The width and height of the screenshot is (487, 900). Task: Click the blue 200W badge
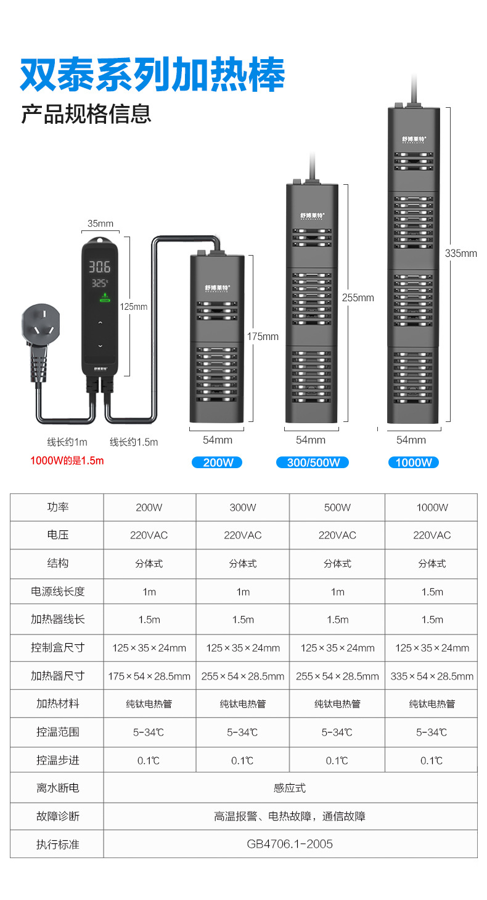pos(217,462)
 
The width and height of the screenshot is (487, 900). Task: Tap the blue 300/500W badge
pos(313,462)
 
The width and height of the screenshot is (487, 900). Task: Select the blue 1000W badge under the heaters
pos(413,462)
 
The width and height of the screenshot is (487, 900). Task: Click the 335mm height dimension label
pos(461,253)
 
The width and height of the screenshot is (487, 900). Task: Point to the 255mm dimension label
pos(358,298)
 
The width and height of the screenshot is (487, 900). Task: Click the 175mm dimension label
pos(263,336)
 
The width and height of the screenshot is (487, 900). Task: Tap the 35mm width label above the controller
pos(100,224)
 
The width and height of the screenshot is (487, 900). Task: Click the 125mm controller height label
pos(134,306)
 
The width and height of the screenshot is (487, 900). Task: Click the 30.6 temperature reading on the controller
pos(99,267)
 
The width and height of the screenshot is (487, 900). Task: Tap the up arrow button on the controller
pos(100,322)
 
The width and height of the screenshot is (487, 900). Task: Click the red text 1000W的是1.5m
pos(67,460)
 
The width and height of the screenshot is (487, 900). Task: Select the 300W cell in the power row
pos(243,508)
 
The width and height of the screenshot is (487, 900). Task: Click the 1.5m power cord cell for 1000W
pos(432,591)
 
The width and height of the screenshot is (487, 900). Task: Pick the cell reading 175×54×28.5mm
pos(149,676)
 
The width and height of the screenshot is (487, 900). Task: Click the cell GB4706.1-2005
pos(290,844)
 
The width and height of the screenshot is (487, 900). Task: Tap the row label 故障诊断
pos(57,816)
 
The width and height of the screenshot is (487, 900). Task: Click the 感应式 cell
pos(290,788)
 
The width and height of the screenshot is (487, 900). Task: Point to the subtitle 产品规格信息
pos(86,115)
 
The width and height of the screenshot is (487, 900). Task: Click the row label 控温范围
pos(57,732)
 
